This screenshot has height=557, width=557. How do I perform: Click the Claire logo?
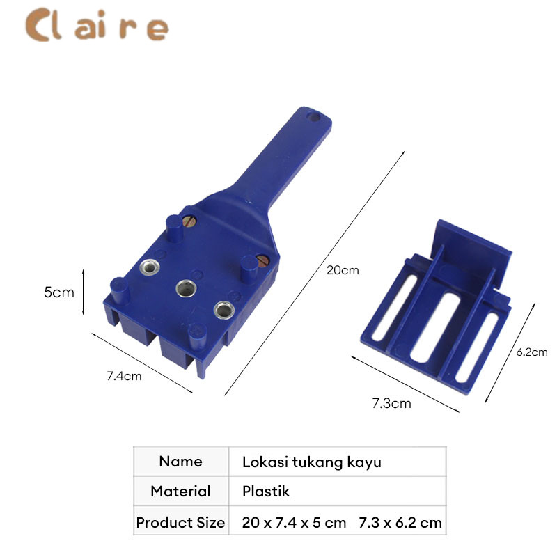97,25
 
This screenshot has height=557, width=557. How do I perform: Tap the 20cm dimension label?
343,270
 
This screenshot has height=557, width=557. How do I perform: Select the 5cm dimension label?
59,292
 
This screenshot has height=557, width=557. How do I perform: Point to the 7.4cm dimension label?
125,376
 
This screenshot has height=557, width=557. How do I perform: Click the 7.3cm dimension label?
391,404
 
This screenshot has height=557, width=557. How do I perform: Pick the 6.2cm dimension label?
532,352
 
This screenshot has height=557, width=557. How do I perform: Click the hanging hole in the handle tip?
314,116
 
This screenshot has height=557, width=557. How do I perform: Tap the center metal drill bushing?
186,288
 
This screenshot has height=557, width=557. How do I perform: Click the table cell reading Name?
181,462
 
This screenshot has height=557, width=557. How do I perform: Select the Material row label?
181,492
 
